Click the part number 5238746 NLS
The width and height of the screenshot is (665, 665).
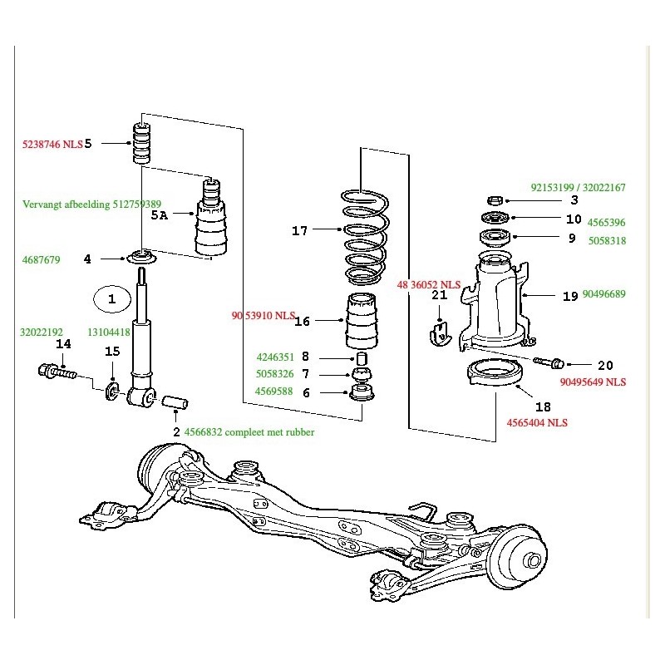(x=52, y=144)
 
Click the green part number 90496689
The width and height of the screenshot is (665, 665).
(x=604, y=294)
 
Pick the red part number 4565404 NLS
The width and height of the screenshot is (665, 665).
(x=537, y=422)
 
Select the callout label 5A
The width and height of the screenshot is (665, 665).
(x=160, y=214)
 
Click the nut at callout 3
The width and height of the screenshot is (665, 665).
(x=494, y=200)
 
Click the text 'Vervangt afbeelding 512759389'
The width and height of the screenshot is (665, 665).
(x=91, y=204)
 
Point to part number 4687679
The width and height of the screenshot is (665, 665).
(x=41, y=259)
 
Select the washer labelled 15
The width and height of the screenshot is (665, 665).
(x=112, y=389)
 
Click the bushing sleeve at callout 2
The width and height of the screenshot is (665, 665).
(x=175, y=403)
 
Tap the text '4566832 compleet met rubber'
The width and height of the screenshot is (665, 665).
(x=249, y=431)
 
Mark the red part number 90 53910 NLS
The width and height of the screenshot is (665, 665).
(x=263, y=316)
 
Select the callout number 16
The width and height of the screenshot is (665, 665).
(x=303, y=321)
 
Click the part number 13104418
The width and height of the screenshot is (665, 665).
(x=109, y=332)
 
